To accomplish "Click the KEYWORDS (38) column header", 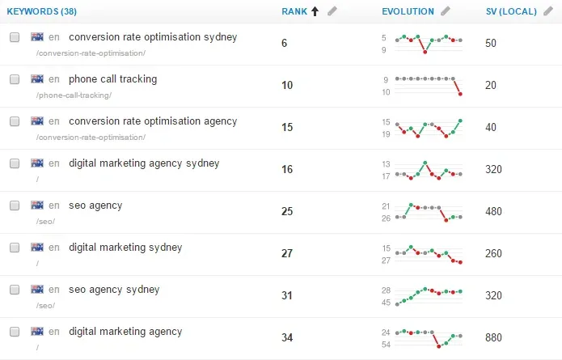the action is (x=41, y=11).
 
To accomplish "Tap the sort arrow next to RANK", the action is (x=315, y=11).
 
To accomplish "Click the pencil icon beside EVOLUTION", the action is (x=446, y=11).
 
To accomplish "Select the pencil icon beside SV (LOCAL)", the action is (x=548, y=11).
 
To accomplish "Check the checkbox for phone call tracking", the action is (x=15, y=79).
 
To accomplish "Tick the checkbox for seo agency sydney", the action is (x=15, y=290).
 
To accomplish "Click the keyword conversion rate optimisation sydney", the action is (x=153, y=37).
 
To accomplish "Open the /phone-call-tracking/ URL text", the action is (x=74, y=95).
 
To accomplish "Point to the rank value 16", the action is (x=287, y=169).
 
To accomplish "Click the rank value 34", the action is (x=287, y=337).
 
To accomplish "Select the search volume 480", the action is (x=493, y=211).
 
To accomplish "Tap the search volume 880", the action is (x=493, y=337).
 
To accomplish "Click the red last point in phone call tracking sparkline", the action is (x=460, y=94).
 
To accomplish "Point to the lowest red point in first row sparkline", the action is (x=425, y=52).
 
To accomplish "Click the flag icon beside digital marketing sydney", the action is (x=37, y=247).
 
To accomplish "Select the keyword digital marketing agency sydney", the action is (x=144, y=163).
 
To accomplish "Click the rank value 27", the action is (x=287, y=253).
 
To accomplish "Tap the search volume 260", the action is (x=493, y=253).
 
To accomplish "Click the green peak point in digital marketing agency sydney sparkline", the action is (x=425, y=163).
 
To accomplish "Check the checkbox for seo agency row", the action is (x=15, y=205).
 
